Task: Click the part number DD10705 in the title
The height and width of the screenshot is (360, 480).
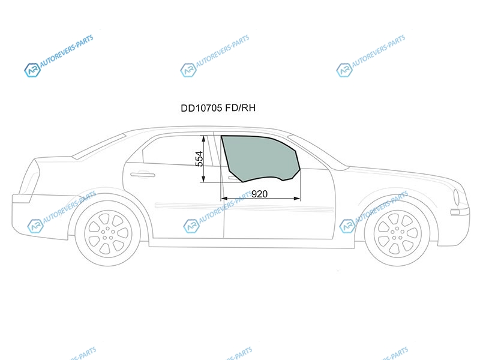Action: [x=201, y=108]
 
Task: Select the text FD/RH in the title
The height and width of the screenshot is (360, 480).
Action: [x=241, y=108]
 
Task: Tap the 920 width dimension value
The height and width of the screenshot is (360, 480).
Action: [x=259, y=194]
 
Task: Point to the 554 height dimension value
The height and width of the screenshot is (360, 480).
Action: [x=199, y=159]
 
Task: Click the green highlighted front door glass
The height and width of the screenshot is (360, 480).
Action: [x=260, y=158]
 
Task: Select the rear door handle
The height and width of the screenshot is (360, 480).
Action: [x=143, y=175]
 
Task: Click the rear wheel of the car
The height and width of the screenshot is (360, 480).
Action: [x=108, y=233]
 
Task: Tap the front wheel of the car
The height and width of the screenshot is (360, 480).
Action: [x=397, y=233]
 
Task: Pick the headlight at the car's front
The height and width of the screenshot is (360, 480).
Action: [x=456, y=197]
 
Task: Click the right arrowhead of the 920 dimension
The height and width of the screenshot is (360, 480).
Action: [x=297, y=199]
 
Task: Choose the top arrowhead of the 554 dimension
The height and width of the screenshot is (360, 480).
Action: [x=203, y=139]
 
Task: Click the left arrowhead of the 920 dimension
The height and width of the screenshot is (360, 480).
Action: [x=224, y=199]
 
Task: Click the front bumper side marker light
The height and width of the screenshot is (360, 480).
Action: [x=455, y=212]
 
